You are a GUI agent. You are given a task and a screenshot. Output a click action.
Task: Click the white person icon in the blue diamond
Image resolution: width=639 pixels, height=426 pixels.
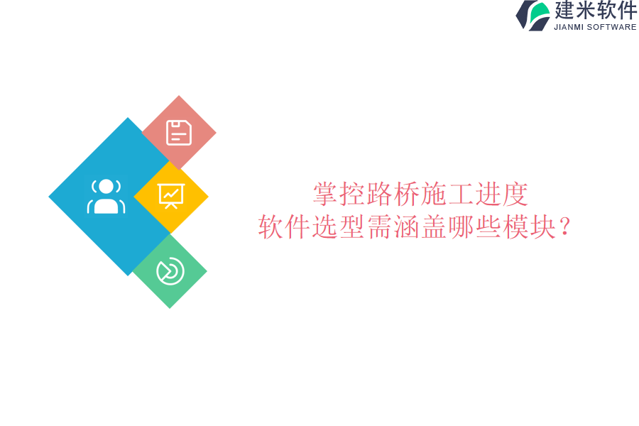106,197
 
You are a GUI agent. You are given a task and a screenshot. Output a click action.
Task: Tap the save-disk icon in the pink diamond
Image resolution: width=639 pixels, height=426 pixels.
179,133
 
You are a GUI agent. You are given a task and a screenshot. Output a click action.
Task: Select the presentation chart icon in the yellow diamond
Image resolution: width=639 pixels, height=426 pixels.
171,196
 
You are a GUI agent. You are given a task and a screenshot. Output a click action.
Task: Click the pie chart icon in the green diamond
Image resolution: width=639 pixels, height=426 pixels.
170,271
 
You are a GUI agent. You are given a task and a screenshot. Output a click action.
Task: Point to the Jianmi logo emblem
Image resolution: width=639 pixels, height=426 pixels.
533,16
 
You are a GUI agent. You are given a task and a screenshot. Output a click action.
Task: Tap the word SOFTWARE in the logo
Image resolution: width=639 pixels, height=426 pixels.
612,28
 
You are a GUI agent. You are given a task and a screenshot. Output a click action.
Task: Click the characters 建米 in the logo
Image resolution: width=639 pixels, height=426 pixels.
575,11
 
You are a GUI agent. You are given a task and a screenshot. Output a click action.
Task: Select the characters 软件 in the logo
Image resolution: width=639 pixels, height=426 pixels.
616,11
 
